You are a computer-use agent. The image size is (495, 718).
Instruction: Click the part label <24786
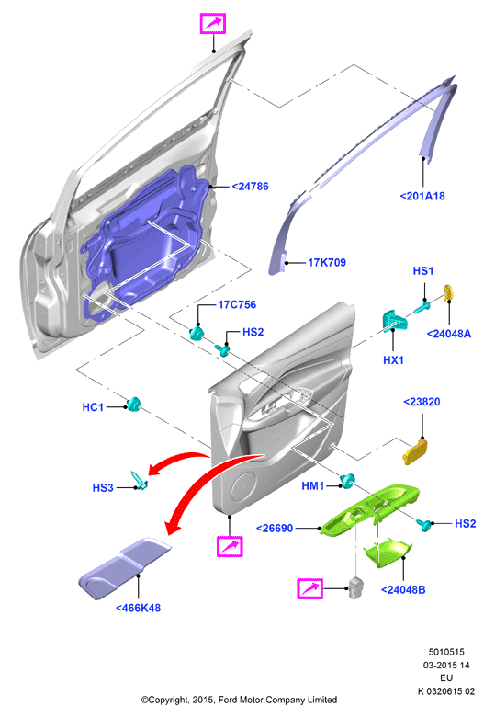(x=250, y=187)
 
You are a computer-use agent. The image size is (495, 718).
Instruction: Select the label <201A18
(x=422, y=196)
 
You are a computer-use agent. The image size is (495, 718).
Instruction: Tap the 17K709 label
(x=327, y=262)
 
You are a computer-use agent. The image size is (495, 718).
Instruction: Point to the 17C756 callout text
(x=237, y=304)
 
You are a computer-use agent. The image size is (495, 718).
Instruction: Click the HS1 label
(x=423, y=270)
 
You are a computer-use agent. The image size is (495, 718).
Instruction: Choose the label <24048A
(x=449, y=334)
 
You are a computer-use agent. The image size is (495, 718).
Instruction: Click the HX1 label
(x=393, y=359)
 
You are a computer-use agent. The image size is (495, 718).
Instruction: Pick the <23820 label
(x=422, y=402)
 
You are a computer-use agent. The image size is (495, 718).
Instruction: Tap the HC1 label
(x=93, y=407)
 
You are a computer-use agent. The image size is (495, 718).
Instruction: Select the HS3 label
(x=103, y=487)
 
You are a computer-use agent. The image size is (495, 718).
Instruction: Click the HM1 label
(x=313, y=485)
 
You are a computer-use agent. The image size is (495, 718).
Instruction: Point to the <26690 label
(x=275, y=528)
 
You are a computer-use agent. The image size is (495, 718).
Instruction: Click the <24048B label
(x=403, y=590)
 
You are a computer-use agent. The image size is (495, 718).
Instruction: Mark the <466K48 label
(x=138, y=608)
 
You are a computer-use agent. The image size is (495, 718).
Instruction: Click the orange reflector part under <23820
(x=416, y=452)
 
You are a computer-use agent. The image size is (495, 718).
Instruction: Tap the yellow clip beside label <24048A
(x=449, y=292)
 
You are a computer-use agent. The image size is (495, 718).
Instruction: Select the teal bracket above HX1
(x=394, y=320)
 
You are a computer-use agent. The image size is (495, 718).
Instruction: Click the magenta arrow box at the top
(x=213, y=23)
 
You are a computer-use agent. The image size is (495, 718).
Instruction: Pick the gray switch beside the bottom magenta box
(x=356, y=587)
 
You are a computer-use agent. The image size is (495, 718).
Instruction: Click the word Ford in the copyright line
(x=228, y=700)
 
